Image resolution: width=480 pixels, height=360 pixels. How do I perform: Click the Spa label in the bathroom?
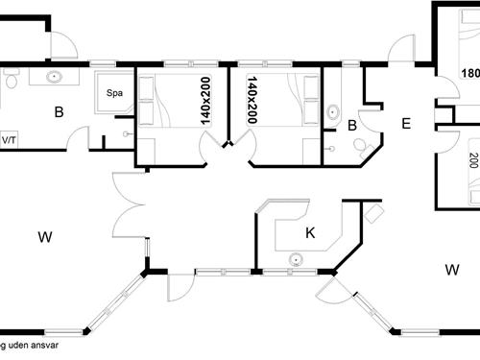tap(115, 94)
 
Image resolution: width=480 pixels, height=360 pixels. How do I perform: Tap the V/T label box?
tap(9, 140)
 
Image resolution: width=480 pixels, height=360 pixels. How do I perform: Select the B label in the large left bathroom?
tap(59, 113)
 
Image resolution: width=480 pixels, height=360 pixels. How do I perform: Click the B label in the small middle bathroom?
tap(352, 125)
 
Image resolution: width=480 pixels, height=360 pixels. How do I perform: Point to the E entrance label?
tap(405, 123)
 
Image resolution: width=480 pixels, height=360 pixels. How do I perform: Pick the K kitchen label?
tap(310, 231)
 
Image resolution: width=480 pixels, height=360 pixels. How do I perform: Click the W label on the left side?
tap(44, 236)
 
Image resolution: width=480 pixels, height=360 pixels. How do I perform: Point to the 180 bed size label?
tap(470, 74)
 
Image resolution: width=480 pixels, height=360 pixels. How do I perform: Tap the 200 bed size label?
tap(473, 160)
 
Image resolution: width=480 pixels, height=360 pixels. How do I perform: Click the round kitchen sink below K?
tap(297, 258)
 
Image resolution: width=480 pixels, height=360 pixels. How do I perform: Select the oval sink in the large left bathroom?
tap(55, 77)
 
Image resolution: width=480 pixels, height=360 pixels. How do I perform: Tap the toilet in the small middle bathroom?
tap(361, 146)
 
